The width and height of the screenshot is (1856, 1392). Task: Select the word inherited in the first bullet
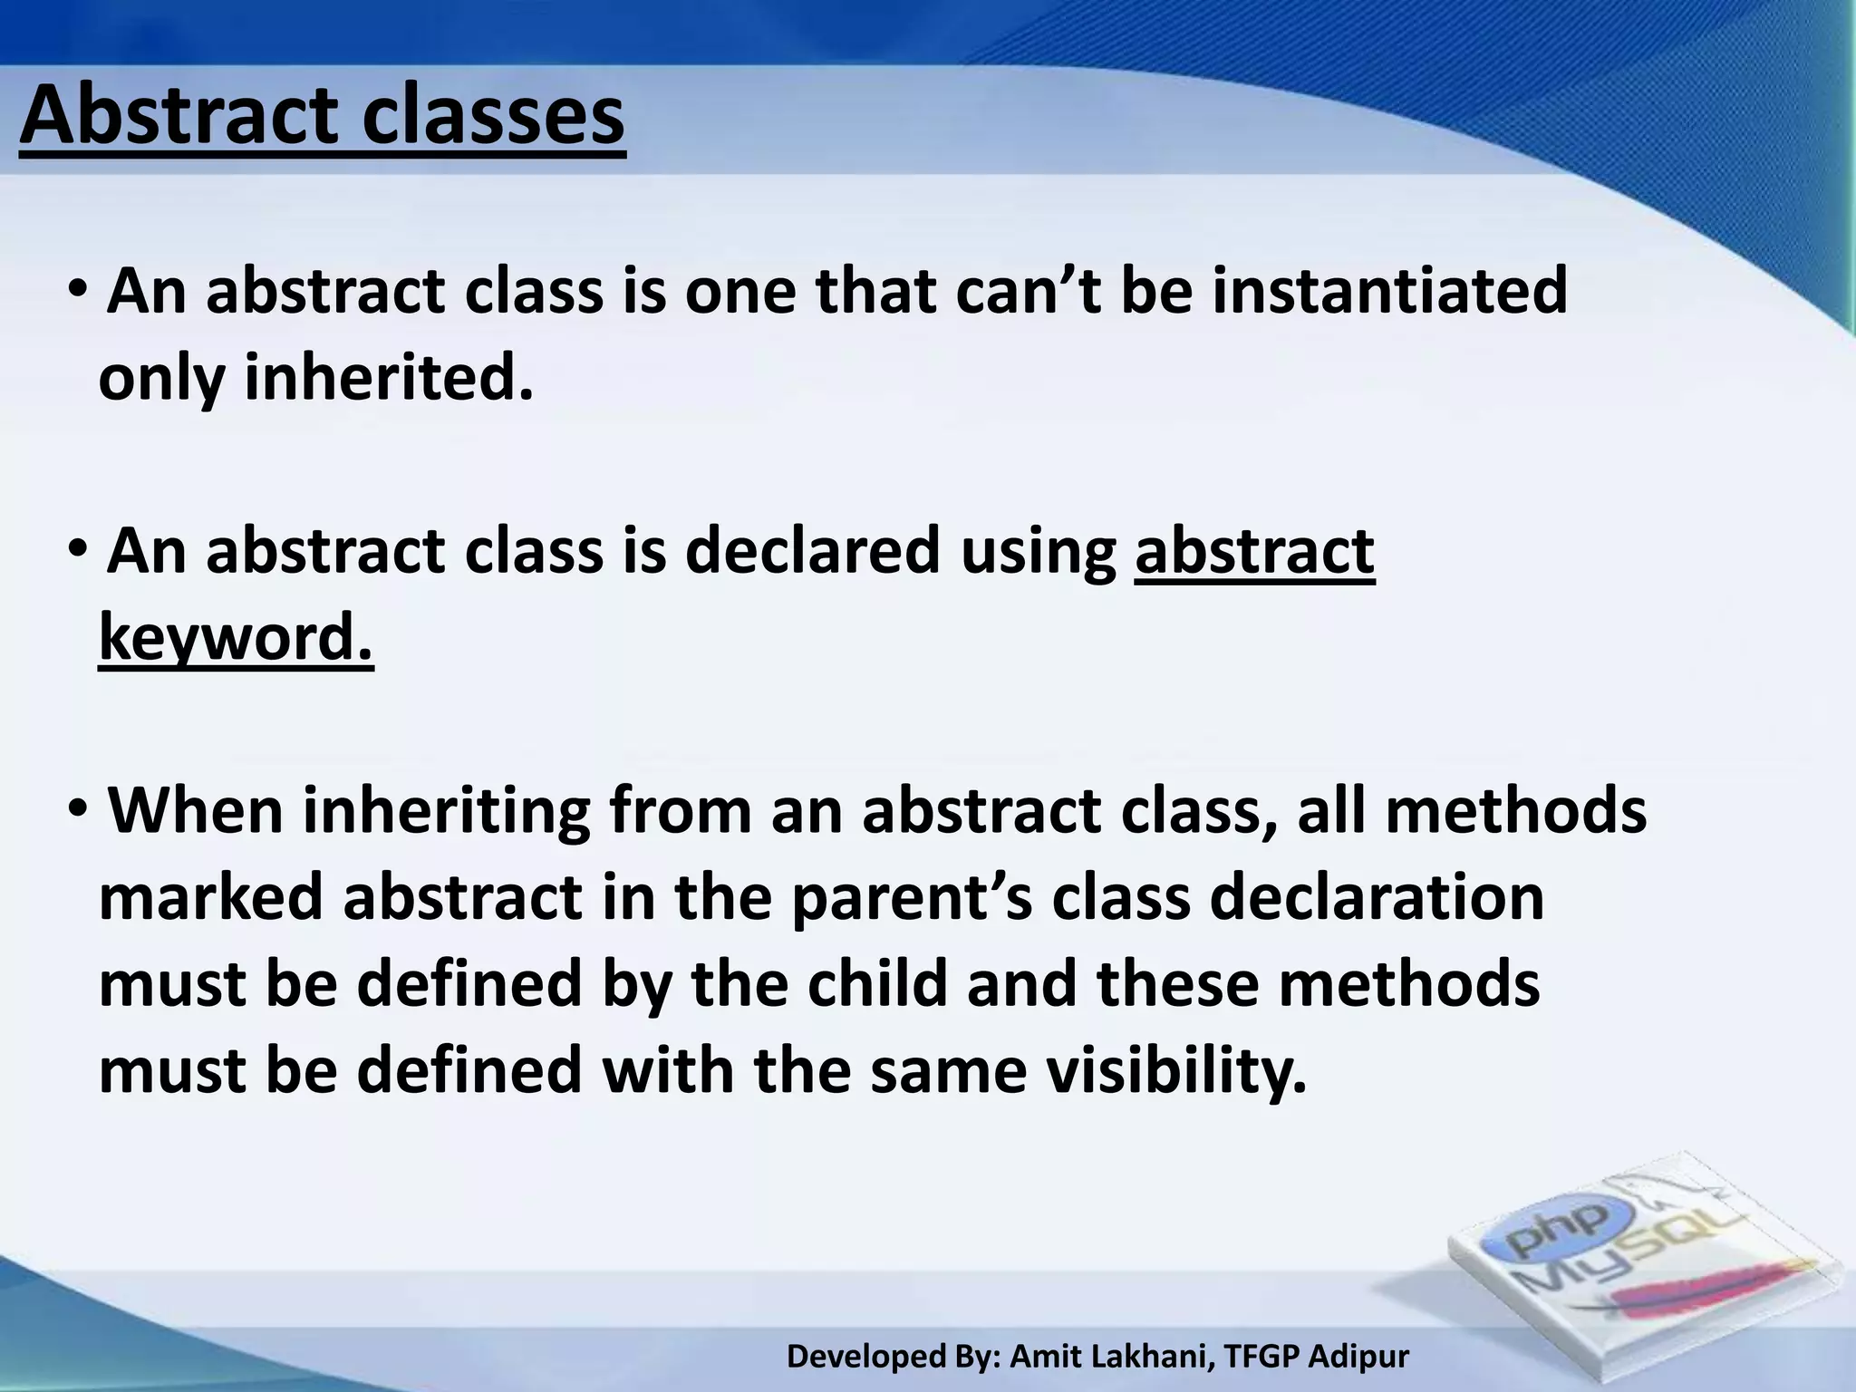pos(388,379)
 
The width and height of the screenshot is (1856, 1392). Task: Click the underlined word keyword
pos(236,638)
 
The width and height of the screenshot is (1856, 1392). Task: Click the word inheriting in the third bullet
pos(445,811)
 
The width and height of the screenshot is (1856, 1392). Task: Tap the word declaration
pos(1377,898)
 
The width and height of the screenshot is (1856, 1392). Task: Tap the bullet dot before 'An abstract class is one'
pos(78,290)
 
